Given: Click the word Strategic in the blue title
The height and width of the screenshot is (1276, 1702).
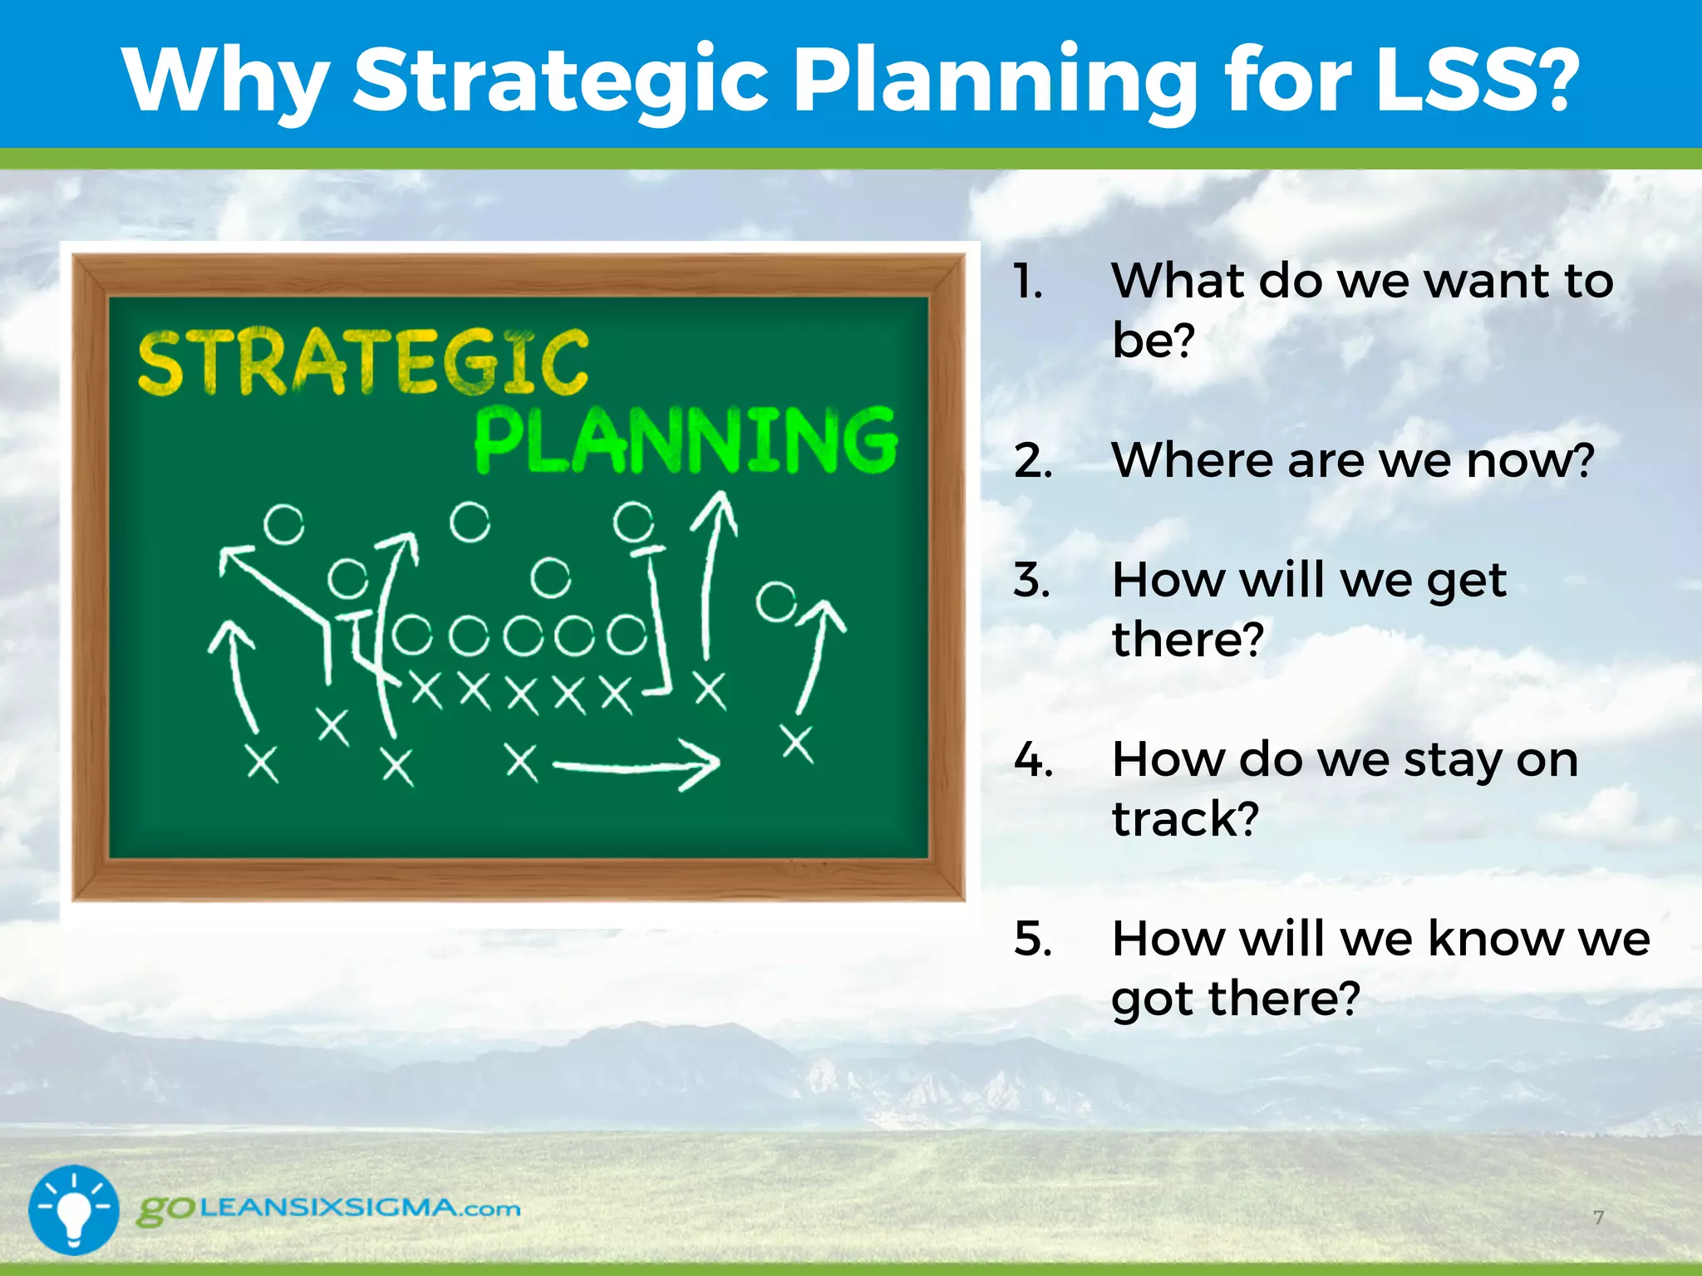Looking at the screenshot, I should [x=561, y=81].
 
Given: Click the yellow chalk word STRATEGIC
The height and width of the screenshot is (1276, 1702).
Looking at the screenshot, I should [x=363, y=362].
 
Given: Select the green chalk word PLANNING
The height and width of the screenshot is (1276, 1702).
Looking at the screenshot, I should [x=686, y=441].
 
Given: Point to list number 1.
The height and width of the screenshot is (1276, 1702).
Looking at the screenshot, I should [x=1029, y=282].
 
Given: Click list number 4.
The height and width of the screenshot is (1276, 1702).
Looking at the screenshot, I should [x=1033, y=759].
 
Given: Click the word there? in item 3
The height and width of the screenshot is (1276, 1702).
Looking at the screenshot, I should [x=1188, y=639].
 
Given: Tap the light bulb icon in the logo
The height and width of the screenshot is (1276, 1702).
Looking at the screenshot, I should [x=74, y=1210].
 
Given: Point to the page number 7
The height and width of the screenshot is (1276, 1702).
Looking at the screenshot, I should [x=1598, y=1217].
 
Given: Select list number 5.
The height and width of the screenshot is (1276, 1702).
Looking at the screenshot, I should [x=1033, y=939].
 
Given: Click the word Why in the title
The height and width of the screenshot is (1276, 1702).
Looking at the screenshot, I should [x=224, y=81].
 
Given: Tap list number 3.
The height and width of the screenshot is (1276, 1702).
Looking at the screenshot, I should [x=1031, y=579].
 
